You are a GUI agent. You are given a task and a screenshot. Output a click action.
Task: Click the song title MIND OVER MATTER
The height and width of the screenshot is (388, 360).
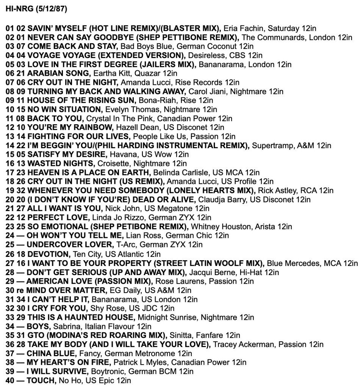point(64,291)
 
